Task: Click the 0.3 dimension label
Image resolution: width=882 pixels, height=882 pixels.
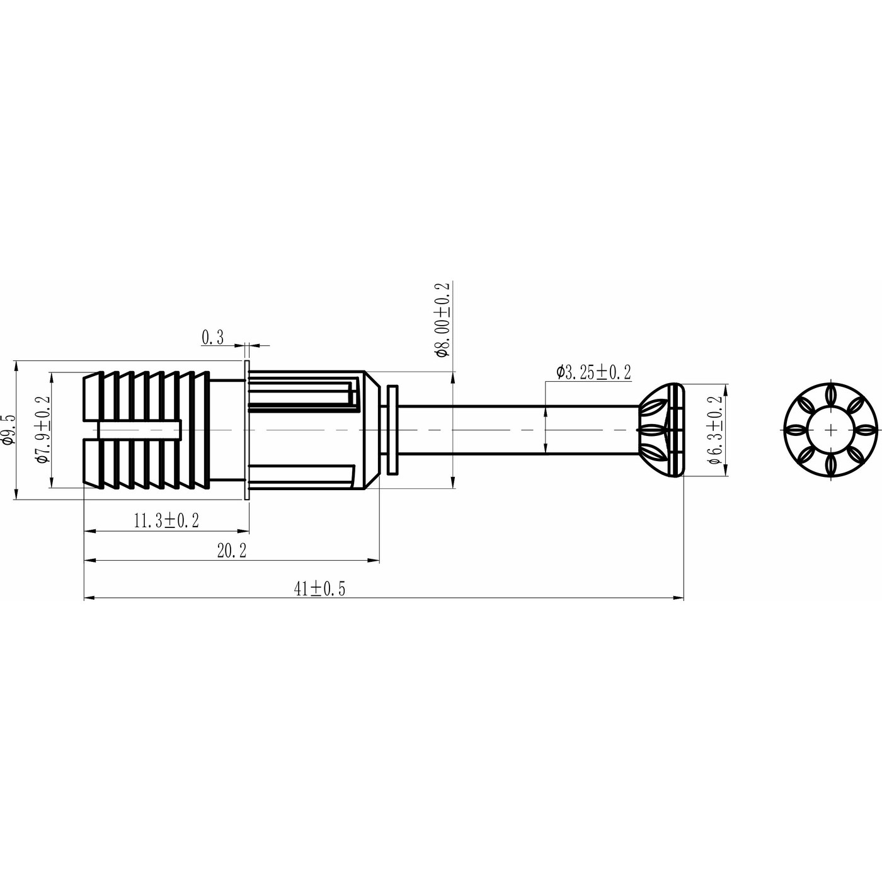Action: [212, 338]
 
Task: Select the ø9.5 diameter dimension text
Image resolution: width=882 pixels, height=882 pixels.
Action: [8, 430]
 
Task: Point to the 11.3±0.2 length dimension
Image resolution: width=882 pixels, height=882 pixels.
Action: [166, 520]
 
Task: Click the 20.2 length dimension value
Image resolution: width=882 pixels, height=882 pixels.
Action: [232, 551]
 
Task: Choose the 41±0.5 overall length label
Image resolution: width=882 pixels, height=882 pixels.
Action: [320, 588]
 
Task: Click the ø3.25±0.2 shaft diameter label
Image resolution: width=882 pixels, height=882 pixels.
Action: [593, 372]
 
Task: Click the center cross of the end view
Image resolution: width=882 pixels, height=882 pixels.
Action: [832, 430]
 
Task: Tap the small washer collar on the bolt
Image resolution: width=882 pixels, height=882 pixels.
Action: [393, 430]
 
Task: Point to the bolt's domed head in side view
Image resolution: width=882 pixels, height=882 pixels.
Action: [661, 430]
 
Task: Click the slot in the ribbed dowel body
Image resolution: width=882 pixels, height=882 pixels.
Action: [139, 430]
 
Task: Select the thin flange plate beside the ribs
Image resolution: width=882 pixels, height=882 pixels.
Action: [246, 430]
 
